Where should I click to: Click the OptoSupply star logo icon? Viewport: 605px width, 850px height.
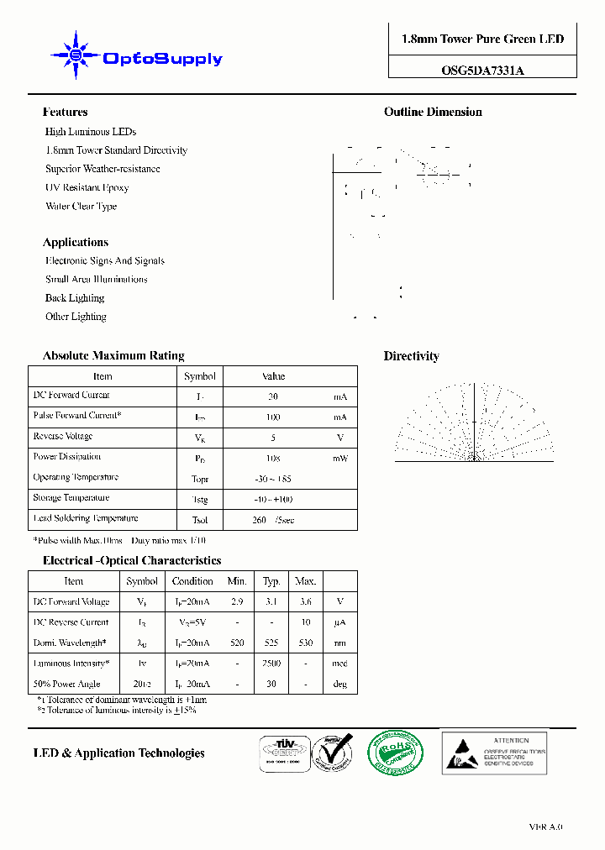point(75,55)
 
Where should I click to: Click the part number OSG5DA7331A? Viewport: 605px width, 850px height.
point(482,71)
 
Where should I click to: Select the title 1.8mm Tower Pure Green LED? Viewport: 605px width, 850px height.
point(482,39)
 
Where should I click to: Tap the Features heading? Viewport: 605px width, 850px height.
point(65,112)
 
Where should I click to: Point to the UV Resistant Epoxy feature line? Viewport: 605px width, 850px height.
point(87,187)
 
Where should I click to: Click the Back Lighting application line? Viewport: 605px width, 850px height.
point(75,298)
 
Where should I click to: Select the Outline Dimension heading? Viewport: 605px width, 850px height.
point(433,112)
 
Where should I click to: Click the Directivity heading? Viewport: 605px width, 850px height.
point(411,356)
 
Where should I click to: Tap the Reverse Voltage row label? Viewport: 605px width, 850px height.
point(63,437)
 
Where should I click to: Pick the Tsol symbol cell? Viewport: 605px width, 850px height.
point(200,520)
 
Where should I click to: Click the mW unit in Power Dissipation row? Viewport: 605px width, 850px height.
point(339,459)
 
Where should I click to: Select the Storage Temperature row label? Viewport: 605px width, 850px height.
point(71,498)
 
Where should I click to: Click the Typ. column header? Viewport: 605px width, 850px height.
point(271,581)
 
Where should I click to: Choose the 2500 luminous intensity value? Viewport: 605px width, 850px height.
point(271,664)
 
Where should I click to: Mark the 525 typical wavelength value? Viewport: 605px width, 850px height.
point(271,643)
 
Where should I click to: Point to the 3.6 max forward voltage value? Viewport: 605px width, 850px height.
point(305,602)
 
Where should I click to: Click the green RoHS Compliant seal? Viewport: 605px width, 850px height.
point(395,753)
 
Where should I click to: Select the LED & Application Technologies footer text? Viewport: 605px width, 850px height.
point(118,753)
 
